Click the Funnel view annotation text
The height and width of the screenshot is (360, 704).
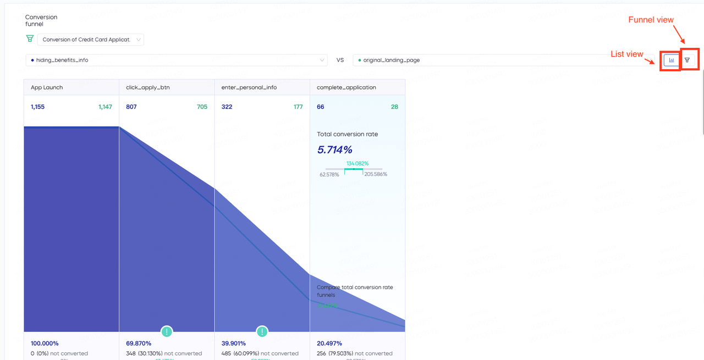coord(651,20)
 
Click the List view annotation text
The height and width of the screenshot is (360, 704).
coord(626,54)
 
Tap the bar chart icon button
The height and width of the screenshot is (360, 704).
coord(671,60)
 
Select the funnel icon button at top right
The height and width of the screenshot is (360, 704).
coord(687,60)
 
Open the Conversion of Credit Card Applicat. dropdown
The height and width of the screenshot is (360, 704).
coord(91,40)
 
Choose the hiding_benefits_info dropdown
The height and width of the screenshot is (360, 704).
coord(176,60)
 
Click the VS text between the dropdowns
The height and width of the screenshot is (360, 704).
coord(340,60)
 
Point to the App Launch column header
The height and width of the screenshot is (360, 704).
coord(47,87)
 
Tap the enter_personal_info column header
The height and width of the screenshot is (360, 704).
coord(249,87)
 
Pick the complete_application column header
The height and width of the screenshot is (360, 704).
coord(346,87)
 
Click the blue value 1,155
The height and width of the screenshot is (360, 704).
coord(37,107)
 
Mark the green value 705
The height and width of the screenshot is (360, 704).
coord(202,107)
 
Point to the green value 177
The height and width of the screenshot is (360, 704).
coord(298,107)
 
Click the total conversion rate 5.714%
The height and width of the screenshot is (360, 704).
coord(335,149)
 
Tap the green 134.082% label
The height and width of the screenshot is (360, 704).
coord(358,163)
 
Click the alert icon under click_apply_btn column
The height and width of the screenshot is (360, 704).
coord(167,331)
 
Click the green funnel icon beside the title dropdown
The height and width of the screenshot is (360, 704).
coord(30,39)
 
